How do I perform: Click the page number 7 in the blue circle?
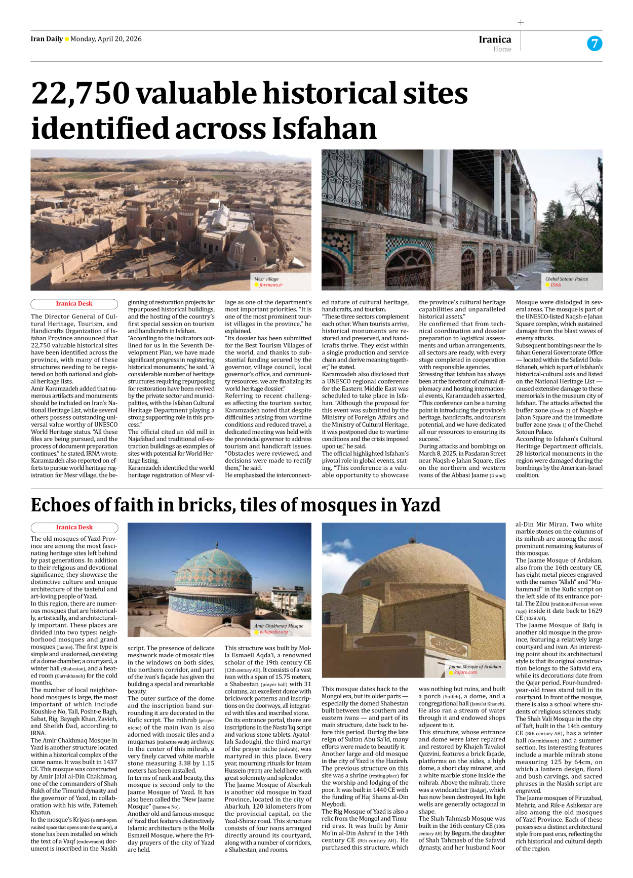[x=595, y=44]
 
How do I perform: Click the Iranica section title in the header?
[x=495, y=39]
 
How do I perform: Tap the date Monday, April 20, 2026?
[x=106, y=39]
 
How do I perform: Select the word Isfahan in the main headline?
[x=324, y=129]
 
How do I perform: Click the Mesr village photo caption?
[x=266, y=279]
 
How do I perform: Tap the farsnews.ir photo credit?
[x=270, y=285]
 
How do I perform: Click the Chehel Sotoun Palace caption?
[x=566, y=279]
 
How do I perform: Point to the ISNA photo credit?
[x=556, y=285]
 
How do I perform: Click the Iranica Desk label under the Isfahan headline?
[x=74, y=304]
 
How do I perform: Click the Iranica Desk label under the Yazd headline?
[x=74, y=528]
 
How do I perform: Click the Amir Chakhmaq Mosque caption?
[x=279, y=626]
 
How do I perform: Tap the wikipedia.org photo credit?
[x=273, y=632]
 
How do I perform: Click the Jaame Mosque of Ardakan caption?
[x=474, y=666]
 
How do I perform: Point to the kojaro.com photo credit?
[x=465, y=672]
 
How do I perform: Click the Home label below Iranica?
[x=502, y=49]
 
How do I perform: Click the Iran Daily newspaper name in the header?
[x=47, y=39]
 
